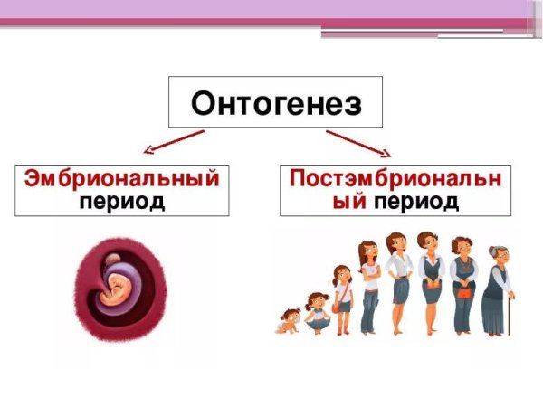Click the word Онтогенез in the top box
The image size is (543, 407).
click(x=276, y=102)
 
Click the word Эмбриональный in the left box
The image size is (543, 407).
click(x=121, y=178)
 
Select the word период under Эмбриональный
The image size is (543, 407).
click(x=121, y=201)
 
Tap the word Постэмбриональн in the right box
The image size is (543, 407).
click(x=395, y=178)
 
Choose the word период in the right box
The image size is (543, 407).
click(x=417, y=201)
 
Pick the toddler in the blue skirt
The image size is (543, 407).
click(x=318, y=312)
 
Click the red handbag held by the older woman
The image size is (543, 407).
click(x=465, y=292)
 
